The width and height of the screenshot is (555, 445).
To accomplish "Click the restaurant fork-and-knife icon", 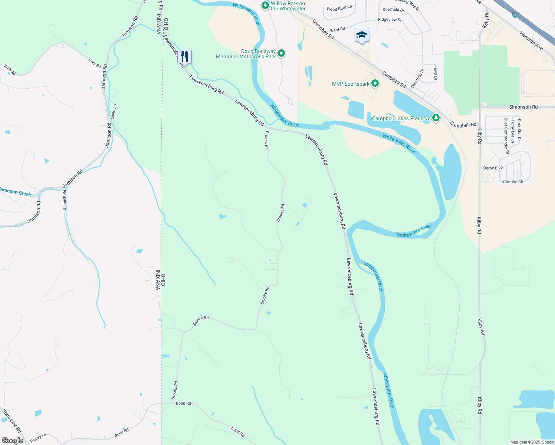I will pos(184,56).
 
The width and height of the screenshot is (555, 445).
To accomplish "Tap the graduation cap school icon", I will pos(362,35).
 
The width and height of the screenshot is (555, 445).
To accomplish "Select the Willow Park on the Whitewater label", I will pos(288,6).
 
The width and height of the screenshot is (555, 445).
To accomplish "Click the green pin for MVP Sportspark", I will pos(375,83).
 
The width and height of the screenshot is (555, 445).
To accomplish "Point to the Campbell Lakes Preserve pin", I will pos(436,118).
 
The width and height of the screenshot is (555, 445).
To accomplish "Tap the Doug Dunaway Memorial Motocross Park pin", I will pos(281,53).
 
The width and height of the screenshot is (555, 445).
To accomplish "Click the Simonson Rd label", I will pos(523,107).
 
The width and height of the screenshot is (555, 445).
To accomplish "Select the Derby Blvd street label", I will pos(493,168).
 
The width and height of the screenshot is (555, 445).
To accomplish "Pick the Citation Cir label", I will pos(513,182).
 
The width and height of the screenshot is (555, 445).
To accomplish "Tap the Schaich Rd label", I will pos(65,201).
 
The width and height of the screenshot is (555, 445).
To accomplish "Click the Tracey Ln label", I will pos(38,438).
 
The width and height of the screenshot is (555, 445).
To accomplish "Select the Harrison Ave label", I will pos(531,41).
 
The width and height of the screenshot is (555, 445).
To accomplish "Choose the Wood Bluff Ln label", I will pos(339,8).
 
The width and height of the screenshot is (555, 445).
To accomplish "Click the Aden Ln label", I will pos(114,111).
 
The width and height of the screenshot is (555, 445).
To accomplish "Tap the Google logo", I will pos(12,441).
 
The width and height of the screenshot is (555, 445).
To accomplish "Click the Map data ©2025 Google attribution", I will pos(532,442).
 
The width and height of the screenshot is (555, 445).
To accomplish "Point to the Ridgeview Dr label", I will pos(390,20).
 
